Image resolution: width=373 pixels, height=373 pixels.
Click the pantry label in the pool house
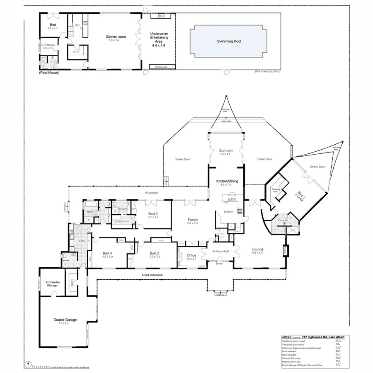point(76,52)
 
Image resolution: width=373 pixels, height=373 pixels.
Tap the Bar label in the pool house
point(77,25)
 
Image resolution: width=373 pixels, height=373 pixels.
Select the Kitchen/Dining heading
point(226,182)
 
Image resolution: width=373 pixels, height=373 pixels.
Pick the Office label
point(191,255)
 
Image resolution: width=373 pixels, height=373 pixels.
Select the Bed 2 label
point(155,253)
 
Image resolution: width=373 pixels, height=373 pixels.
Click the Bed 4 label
point(107,253)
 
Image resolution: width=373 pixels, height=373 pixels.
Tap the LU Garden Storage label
point(52,284)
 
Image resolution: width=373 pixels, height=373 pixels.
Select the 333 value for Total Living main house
point(338,341)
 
